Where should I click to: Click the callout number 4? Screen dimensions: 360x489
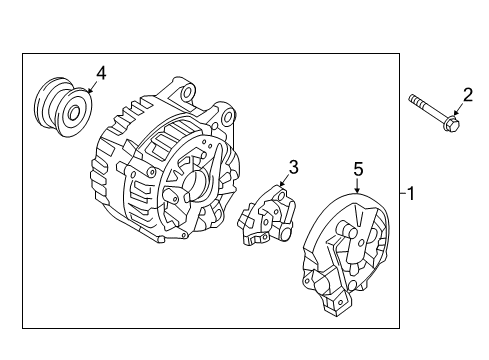pos(100,72)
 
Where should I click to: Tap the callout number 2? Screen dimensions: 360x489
pos(465,95)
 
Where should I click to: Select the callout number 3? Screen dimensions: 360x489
pos(293,167)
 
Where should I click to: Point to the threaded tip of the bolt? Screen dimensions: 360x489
pos(412,100)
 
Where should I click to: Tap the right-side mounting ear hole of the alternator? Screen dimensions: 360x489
pos(230,118)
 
